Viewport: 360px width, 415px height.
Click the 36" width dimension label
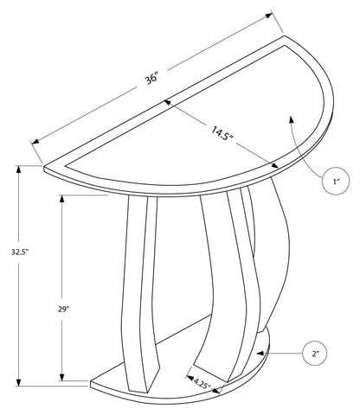tap(152, 79)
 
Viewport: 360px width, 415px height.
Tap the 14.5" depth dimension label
tap(222, 134)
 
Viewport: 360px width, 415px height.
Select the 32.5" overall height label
tap(19, 252)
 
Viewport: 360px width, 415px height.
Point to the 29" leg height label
tap(63, 310)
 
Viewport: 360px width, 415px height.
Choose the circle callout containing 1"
tap(336, 181)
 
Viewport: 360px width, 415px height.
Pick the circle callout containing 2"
tap(315, 353)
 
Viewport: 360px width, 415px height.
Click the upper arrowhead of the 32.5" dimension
tap(19, 169)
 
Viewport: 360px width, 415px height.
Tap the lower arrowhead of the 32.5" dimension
tap(19, 382)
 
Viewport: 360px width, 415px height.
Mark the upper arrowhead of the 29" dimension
tap(61, 199)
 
